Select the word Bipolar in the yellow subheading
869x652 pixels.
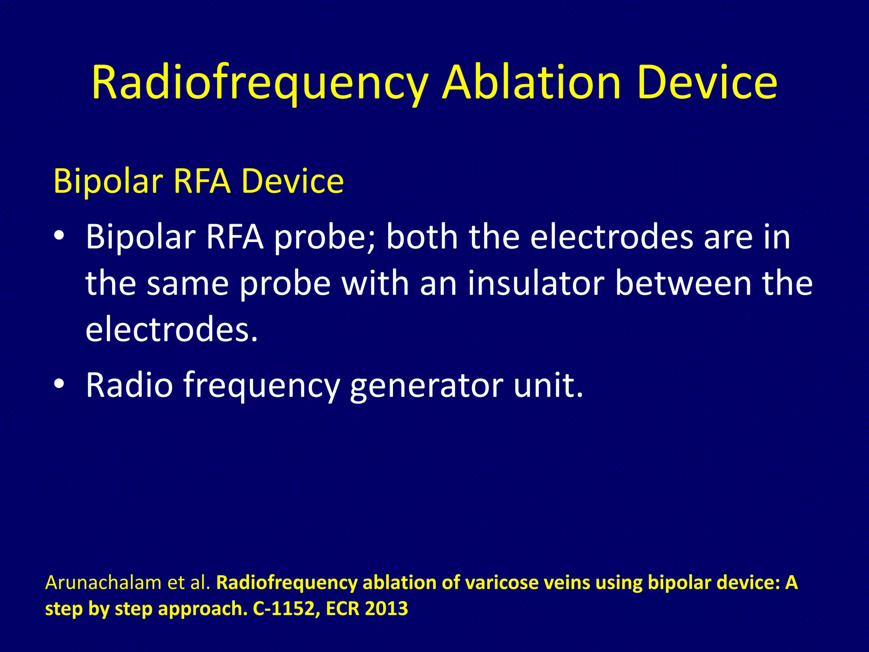(108, 182)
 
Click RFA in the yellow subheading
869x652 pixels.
(202, 182)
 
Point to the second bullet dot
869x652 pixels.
(59, 383)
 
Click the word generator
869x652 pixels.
(426, 385)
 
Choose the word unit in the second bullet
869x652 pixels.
(547, 385)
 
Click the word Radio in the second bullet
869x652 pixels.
(129, 385)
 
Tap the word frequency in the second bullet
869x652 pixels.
(261, 385)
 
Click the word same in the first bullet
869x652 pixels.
(188, 283)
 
